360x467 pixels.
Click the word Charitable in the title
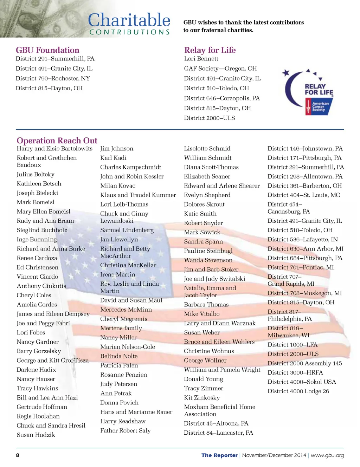(129, 20)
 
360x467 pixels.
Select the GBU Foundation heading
(47, 50)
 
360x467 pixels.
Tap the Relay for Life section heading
(210, 50)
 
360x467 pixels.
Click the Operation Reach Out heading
(57, 141)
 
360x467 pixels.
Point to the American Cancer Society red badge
(319, 106)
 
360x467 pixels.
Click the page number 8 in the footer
(18, 455)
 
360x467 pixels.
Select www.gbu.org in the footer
(327, 455)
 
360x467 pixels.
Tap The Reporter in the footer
(219, 455)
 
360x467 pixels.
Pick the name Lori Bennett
(201, 59)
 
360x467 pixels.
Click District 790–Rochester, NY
(53, 78)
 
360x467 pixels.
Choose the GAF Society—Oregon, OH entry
(220, 69)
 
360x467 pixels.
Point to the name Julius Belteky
(36, 174)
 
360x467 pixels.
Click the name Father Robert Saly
(126, 430)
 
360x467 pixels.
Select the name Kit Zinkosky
(202, 397)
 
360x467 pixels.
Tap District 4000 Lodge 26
(298, 391)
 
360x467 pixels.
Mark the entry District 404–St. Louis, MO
(304, 195)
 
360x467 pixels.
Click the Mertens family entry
(121, 328)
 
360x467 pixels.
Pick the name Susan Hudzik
(36, 435)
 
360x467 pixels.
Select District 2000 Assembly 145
(304, 363)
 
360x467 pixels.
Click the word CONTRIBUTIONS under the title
(129, 32)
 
